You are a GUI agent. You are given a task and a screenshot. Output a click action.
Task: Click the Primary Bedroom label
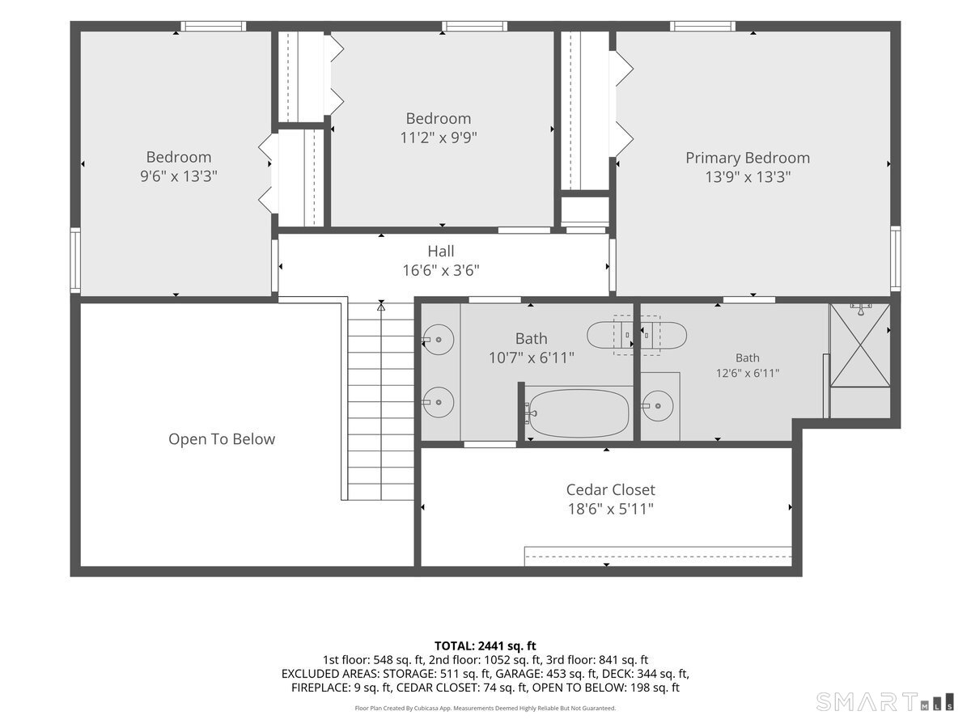[747, 158]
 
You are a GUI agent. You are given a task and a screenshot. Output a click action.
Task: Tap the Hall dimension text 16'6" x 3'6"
[441, 270]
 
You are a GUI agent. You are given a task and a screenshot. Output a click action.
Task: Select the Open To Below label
[222, 439]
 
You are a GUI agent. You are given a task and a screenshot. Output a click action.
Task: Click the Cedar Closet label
[610, 489]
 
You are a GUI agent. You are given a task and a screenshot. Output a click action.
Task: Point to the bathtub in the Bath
[579, 413]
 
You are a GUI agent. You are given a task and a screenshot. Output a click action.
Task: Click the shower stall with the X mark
[860, 345]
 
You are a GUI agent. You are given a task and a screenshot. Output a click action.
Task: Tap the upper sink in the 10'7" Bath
[439, 340]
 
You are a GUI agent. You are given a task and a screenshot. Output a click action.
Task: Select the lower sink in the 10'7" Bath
[439, 402]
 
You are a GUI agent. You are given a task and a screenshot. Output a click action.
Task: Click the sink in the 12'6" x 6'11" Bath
[658, 406]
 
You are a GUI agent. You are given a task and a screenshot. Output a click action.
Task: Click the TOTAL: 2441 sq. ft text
[485, 645]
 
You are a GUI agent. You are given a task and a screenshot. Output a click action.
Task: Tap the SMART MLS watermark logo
[884, 702]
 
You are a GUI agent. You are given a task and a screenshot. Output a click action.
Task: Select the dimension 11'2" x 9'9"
[439, 138]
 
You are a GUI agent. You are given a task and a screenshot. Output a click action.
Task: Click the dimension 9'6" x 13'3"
[179, 176]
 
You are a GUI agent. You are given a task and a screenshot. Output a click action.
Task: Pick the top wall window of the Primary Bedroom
[702, 26]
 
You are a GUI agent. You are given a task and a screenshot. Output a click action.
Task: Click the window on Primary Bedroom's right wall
[896, 259]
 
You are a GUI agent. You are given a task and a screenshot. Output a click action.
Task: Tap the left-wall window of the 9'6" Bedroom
[75, 260]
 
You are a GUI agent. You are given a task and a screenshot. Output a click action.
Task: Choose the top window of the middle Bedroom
[474, 26]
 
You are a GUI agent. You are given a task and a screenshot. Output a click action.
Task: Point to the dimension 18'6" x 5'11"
[610, 510]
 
